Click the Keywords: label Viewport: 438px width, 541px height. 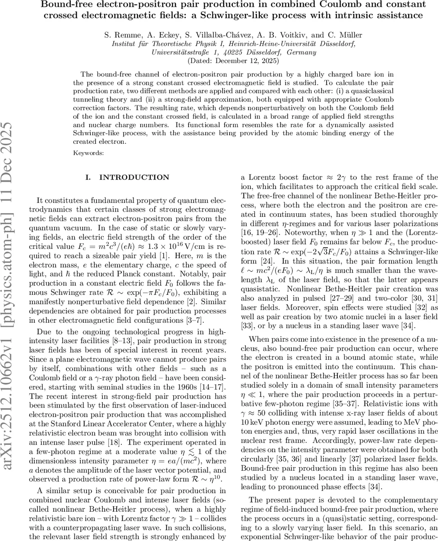tap(88, 153)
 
